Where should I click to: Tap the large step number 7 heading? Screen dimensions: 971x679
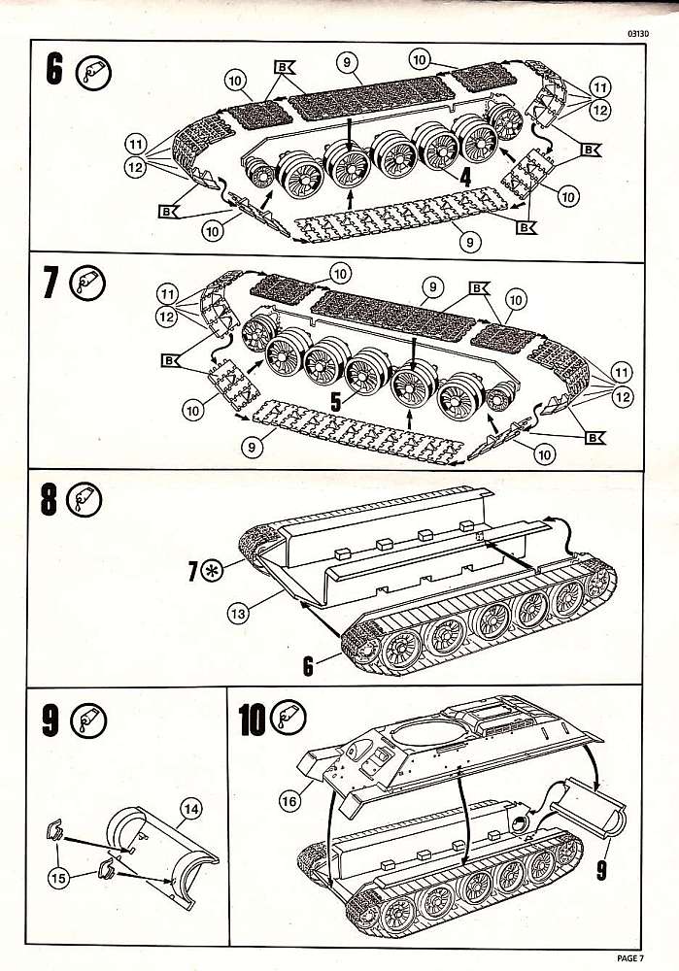(53, 284)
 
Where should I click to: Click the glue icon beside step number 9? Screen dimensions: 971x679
(92, 720)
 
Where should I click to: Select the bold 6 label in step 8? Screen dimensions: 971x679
(308, 663)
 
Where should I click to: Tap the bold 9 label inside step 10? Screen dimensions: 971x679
(601, 870)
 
